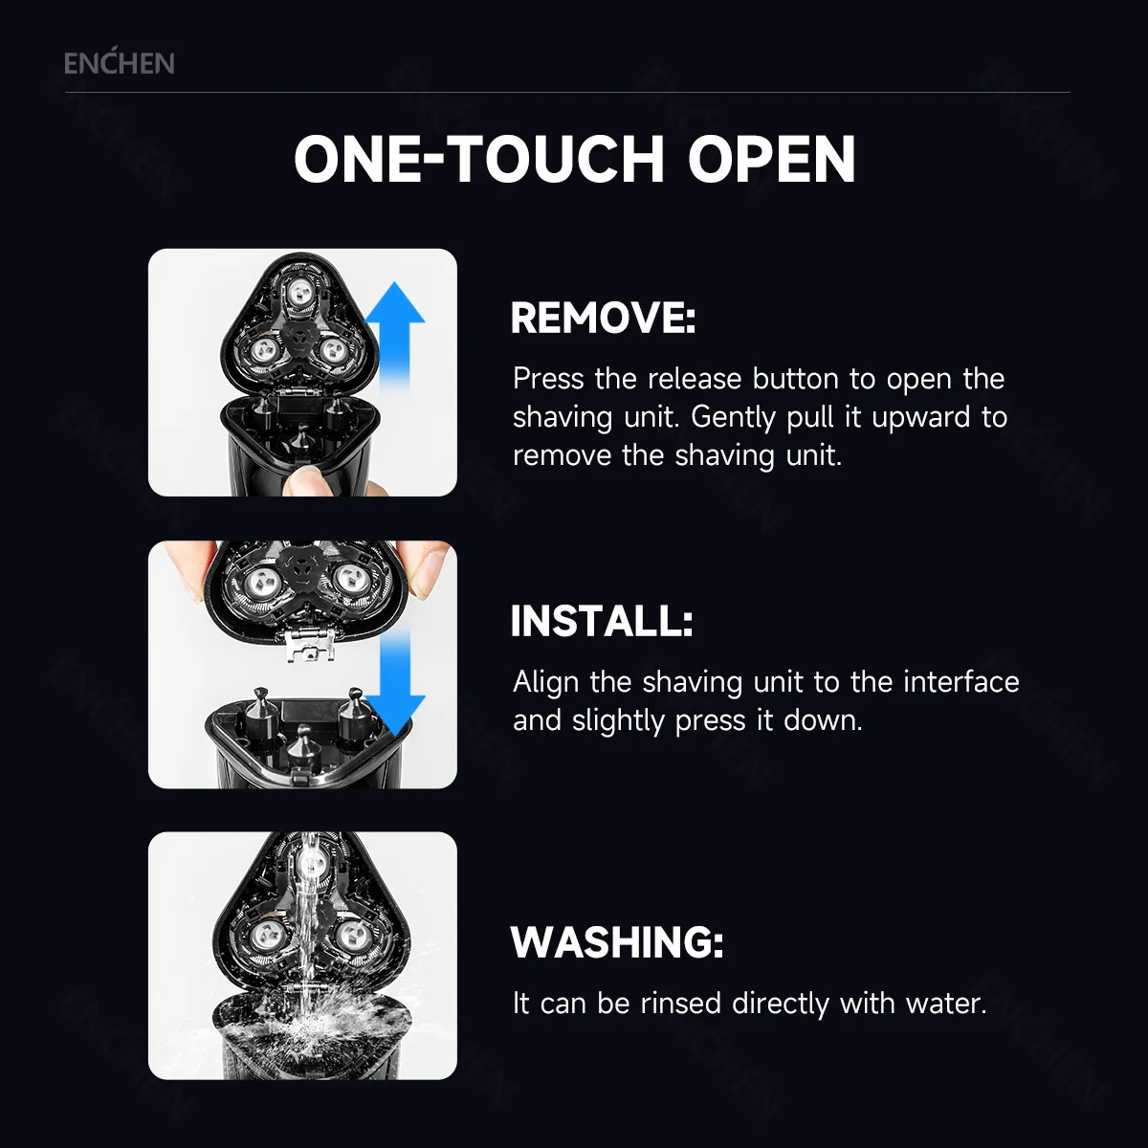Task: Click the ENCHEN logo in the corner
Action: (x=119, y=64)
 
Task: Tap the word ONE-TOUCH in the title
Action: (x=478, y=160)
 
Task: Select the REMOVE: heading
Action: (x=603, y=319)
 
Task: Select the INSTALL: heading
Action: (x=601, y=622)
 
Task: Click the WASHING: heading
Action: (x=617, y=942)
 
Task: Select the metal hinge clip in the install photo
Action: (x=311, y=646)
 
